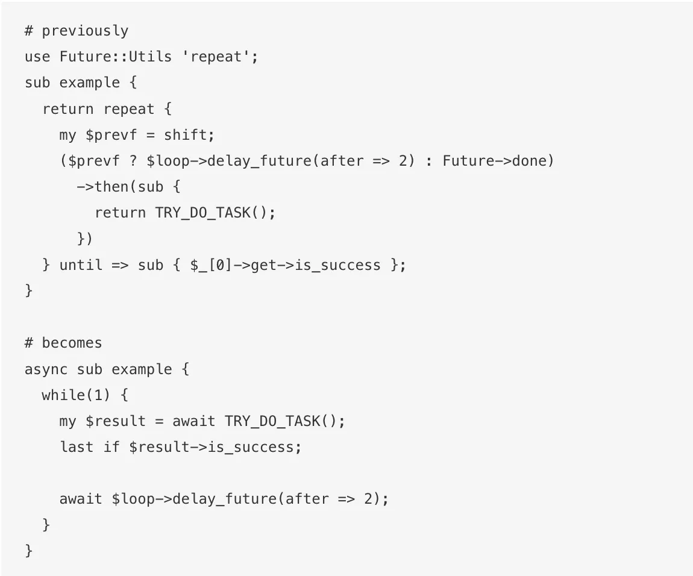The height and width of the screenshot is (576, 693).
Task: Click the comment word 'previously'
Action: pos(85,31)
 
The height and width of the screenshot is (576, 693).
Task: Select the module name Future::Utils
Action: pos(116,57)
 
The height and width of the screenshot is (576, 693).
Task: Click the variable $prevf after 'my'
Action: pos(111,136)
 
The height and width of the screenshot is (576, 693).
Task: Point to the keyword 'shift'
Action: pos(185,135)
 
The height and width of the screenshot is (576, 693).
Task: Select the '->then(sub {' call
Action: pos(128,187)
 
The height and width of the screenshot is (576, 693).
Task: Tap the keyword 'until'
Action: pos(81,265)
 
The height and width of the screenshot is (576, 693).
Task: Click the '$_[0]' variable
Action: pos(212,266)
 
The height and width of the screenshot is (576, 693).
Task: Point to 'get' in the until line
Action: pos(263,266)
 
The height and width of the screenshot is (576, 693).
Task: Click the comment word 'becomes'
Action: pos(72,343)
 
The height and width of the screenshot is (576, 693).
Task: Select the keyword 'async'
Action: pos(46,369)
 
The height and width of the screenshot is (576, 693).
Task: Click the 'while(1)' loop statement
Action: pos(75,395)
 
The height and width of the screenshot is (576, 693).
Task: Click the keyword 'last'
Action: pos(77,447)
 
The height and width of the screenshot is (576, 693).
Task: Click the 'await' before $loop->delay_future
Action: pos(81,499)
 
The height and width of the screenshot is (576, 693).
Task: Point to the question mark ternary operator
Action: pos(133,161)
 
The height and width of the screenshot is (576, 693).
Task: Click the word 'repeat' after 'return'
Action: pos(128,110)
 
